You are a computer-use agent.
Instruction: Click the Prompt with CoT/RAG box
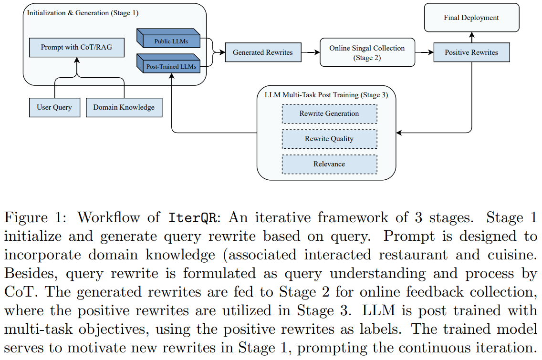coord(76,48)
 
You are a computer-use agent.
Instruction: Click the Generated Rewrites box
coord(262,52)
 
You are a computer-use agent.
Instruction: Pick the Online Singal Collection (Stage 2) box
coord(367,52)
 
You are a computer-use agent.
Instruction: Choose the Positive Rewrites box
coord(471,52)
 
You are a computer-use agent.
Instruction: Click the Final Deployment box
coord(471,18)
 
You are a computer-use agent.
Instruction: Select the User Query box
coord(54,107)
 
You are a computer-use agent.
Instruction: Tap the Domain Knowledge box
coord(124,107)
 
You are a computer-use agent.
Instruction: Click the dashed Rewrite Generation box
coord(329,114)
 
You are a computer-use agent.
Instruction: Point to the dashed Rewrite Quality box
coord(329,139)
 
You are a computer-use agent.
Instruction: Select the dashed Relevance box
coord(329,164)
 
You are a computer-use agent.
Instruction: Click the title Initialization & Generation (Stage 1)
coord(83,13)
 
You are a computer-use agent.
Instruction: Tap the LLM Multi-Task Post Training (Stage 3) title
coord(326,95)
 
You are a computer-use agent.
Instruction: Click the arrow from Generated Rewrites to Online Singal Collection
coord(310,52)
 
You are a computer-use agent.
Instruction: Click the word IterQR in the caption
coord(194,217)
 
